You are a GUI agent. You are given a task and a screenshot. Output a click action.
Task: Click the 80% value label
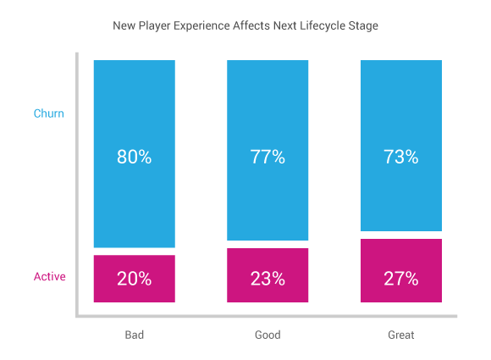tap(134, 157)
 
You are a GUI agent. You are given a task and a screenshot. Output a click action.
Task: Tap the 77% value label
tap(268, 157)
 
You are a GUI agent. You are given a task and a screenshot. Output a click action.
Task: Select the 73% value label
tap(400, 157)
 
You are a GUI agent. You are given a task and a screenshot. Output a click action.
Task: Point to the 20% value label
tap(134, 279)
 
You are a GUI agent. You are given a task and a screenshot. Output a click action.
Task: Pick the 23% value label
tap(268, 279)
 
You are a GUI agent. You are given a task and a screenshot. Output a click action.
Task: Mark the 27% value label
tap(400, 279)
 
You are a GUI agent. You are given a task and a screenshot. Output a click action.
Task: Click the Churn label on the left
tap(48, 114)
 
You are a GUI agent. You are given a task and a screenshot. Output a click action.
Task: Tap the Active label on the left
tap(49, 277)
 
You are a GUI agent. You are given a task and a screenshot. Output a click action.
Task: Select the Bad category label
tap(134, 335)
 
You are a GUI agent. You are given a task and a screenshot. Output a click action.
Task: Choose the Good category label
tap(268, 335)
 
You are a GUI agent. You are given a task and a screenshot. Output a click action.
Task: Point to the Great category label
tap(400, 335)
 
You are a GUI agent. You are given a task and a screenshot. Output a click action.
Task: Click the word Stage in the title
tap(363, 25)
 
